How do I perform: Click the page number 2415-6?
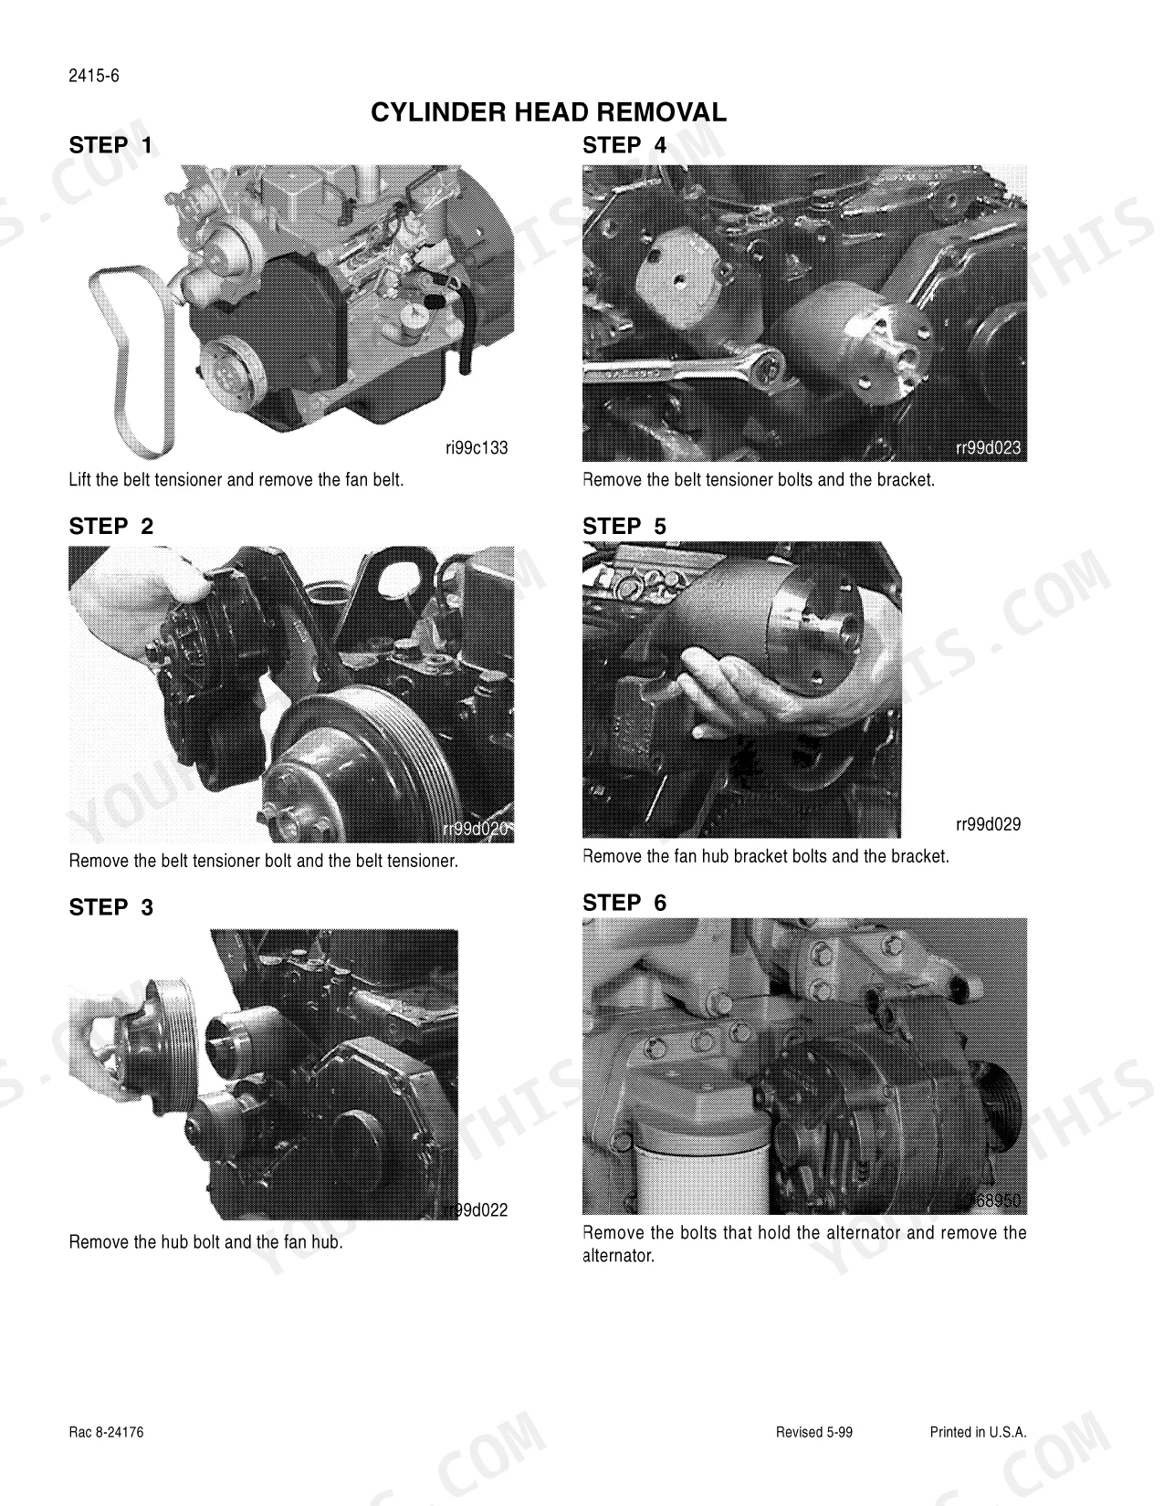click(94, 76)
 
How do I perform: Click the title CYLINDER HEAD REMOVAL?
click(549, 111)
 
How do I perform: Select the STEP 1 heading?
click(110, 145)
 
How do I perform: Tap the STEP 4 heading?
click(624, 145)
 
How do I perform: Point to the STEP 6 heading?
click(624, 903)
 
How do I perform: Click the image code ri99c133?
click(477, 448)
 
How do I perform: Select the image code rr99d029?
click(988, 824)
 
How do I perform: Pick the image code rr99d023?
click(988, 448)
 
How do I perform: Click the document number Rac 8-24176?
click(106, 1432)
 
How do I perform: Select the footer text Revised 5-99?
click(814, 1432)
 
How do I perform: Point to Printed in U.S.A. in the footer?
click(978, 1432)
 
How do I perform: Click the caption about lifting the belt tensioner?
click(236, 479)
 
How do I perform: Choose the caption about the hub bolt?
click(206, 1242)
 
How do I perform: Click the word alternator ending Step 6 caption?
click(618, 1256)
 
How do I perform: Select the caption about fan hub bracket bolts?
click(765, 857)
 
